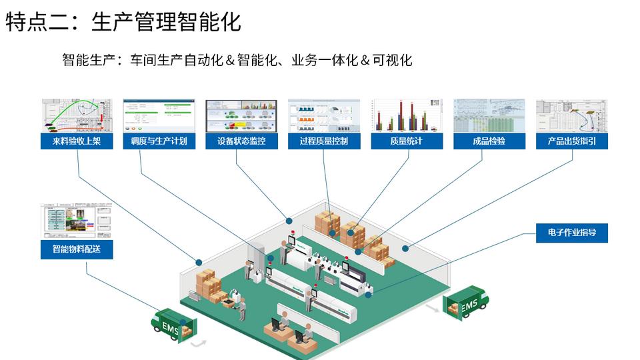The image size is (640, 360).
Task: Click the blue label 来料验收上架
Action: [77, 141]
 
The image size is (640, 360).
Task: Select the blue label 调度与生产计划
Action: [159, 141]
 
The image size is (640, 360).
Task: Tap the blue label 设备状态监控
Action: [241, 141]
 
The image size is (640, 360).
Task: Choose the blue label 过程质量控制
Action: [324, 141]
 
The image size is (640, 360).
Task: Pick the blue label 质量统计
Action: [407, 141]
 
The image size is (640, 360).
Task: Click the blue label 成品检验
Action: [489, 141]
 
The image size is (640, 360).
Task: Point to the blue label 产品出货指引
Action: [571, 141]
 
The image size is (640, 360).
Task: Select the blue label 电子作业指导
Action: [572, 233]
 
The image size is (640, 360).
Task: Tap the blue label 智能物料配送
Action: [77, 251]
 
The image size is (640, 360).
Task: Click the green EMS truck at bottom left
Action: [171, 325]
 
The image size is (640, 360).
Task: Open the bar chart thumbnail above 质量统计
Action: [407, 115]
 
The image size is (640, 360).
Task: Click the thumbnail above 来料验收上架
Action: [77, 115]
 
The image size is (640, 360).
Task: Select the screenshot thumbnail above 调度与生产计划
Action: [159, 115]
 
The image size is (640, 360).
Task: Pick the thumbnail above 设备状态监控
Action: [241, 115]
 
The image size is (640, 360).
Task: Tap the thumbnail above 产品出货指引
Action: [571, 115]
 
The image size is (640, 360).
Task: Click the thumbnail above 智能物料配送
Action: [77, 223]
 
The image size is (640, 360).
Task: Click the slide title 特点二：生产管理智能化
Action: [123, 21]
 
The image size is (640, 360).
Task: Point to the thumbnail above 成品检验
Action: [489, 115]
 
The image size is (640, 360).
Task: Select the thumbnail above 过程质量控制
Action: [324, 115]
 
